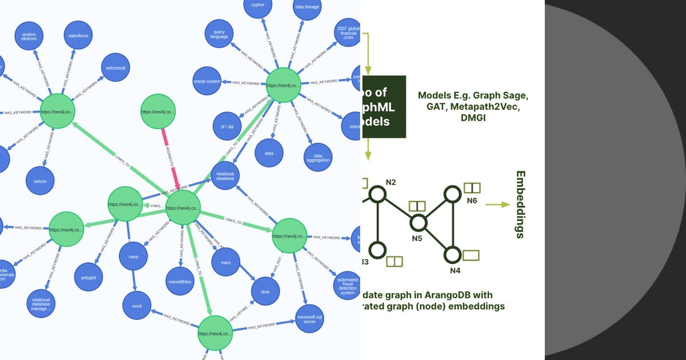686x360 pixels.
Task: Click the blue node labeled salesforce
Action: coord(78,35)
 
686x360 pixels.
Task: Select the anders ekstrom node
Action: coord(29,38)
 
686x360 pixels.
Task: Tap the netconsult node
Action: coord(116,68)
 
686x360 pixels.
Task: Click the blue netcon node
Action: coord(40,181)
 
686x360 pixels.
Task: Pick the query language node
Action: coord(220,34)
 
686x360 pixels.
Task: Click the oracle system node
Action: coord(207,82)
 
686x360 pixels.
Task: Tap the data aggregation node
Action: coord(318,157)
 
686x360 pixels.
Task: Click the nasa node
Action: coord(133,257)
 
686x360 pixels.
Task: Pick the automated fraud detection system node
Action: coord(348,284)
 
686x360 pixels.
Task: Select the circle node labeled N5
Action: coord(418,223)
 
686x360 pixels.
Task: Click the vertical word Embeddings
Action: coord(520,204)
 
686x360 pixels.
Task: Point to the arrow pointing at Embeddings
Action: coord(497,204)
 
